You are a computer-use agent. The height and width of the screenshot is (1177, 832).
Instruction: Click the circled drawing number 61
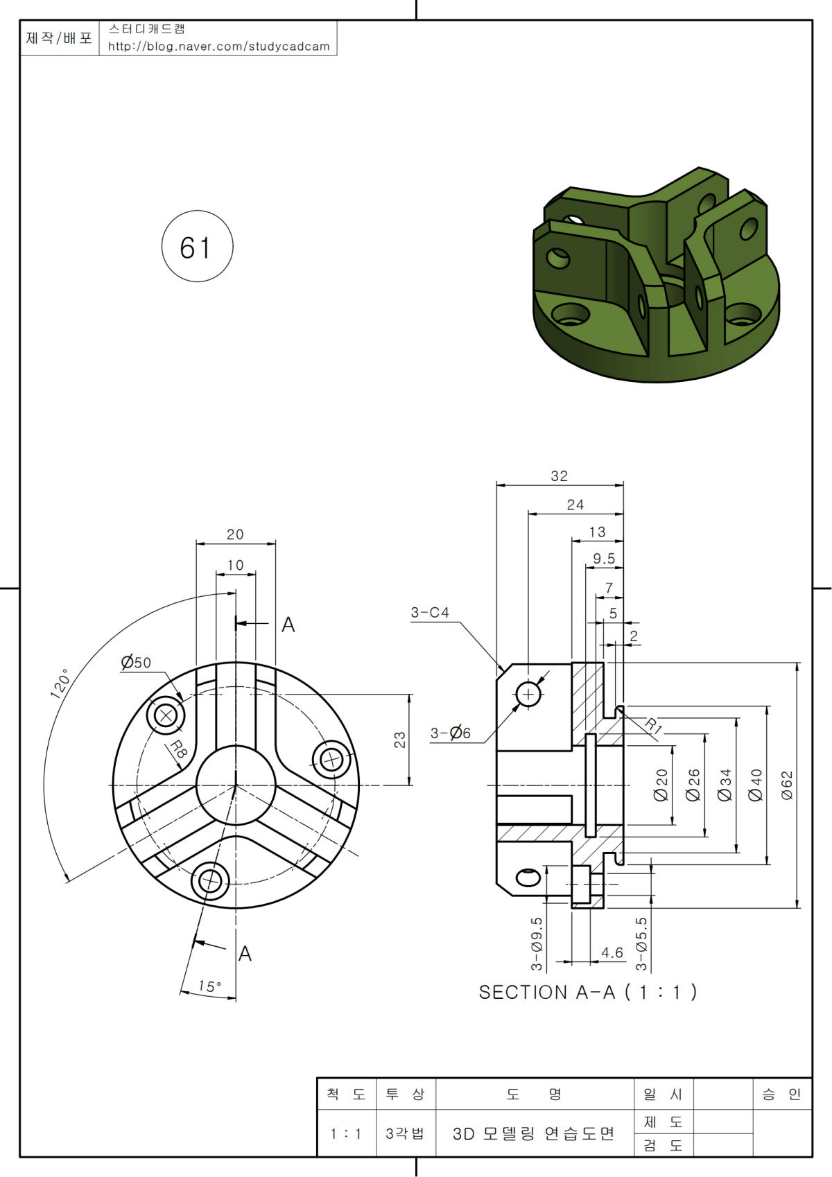tap(197, 247)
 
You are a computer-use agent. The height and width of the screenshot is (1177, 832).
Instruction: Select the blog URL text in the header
tap(218, 46)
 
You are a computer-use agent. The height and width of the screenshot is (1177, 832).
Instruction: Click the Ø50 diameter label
tap(136, 663)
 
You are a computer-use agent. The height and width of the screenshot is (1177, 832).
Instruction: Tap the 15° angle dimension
tap(209, 986)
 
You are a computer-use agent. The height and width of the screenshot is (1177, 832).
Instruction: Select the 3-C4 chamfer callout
tap(430, 613)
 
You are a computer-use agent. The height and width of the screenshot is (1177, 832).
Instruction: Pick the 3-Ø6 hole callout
tap(451, 733)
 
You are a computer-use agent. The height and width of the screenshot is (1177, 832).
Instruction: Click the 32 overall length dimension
tap(559, 476)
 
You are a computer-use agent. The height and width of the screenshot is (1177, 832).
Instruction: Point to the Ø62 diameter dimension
tap(787, 785)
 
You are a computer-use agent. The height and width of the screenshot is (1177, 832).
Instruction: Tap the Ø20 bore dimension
tap(661, 785)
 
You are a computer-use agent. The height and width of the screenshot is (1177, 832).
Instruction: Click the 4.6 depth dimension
tap(612, 953)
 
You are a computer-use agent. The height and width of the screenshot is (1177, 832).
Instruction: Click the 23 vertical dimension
tap(400, 740)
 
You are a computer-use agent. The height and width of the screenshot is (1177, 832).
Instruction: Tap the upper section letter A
tap(288, 625)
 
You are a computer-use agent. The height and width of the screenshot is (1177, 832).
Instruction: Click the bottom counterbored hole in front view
tap(209, 881)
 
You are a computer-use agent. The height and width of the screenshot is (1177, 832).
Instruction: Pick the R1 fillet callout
tap(654, 726)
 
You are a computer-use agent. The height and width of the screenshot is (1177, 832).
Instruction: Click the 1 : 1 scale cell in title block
tap(346, 1134)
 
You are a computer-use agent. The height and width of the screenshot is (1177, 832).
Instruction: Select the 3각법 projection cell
tap(405, 1134)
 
